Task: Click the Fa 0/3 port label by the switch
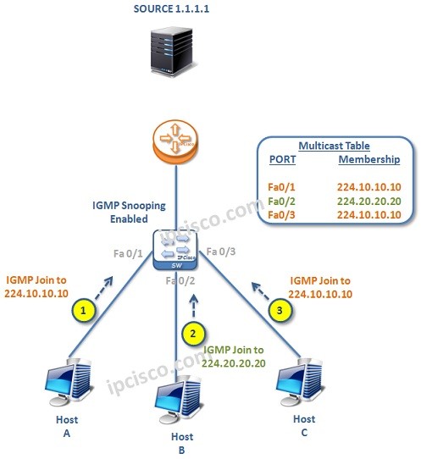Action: click(x=222, y=252)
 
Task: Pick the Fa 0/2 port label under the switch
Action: click(x=180, y=280)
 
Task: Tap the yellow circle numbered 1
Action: click(x=82, y=311)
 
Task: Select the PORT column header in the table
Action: click(x=282, y=159)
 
